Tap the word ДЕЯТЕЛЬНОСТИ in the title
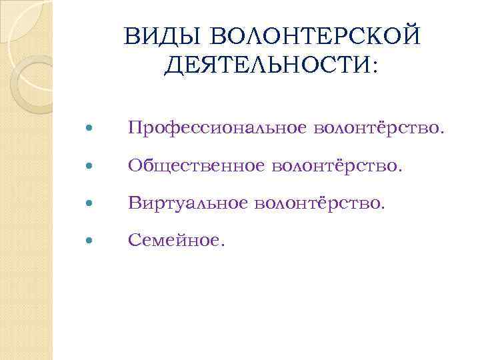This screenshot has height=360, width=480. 266,65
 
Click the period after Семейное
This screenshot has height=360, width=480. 223,243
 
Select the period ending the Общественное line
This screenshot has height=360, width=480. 401,168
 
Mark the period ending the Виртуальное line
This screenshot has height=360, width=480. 383,205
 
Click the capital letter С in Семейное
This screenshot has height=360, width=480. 133,238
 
